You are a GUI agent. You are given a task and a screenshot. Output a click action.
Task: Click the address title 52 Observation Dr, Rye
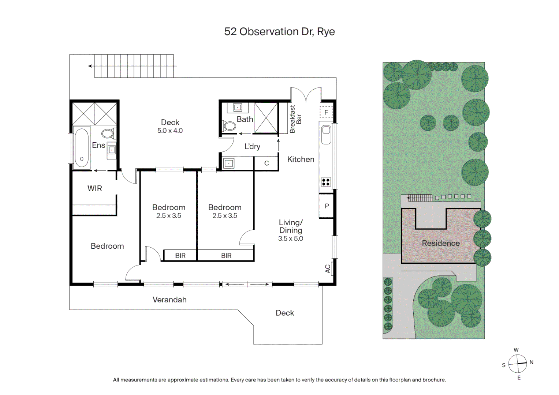279,32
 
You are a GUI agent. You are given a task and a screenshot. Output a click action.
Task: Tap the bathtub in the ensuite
81,148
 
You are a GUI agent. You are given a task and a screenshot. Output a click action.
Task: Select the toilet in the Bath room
229,126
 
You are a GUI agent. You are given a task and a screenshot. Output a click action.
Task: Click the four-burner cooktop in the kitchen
325,182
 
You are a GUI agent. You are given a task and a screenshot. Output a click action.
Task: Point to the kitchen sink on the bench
326,134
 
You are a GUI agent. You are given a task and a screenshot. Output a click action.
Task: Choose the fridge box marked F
326,112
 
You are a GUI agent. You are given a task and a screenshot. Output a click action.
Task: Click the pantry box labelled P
327,206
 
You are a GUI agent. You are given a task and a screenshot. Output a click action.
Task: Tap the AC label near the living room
328,269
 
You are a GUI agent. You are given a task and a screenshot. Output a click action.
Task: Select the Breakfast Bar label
295,119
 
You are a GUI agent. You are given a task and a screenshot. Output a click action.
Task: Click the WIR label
94,188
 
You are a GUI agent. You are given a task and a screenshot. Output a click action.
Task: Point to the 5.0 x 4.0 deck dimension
170,131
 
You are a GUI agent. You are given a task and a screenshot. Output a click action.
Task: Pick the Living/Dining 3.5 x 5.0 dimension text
290,238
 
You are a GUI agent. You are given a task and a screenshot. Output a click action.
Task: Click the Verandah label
169,300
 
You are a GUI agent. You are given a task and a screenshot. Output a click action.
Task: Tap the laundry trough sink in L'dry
229,163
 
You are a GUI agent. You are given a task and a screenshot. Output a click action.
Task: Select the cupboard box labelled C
267,163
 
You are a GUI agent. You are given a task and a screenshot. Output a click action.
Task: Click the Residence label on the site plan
440,243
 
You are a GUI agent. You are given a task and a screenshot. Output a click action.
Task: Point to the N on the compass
531,362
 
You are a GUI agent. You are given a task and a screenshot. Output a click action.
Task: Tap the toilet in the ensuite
108,133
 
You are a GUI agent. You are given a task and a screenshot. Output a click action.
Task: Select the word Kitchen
301,159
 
